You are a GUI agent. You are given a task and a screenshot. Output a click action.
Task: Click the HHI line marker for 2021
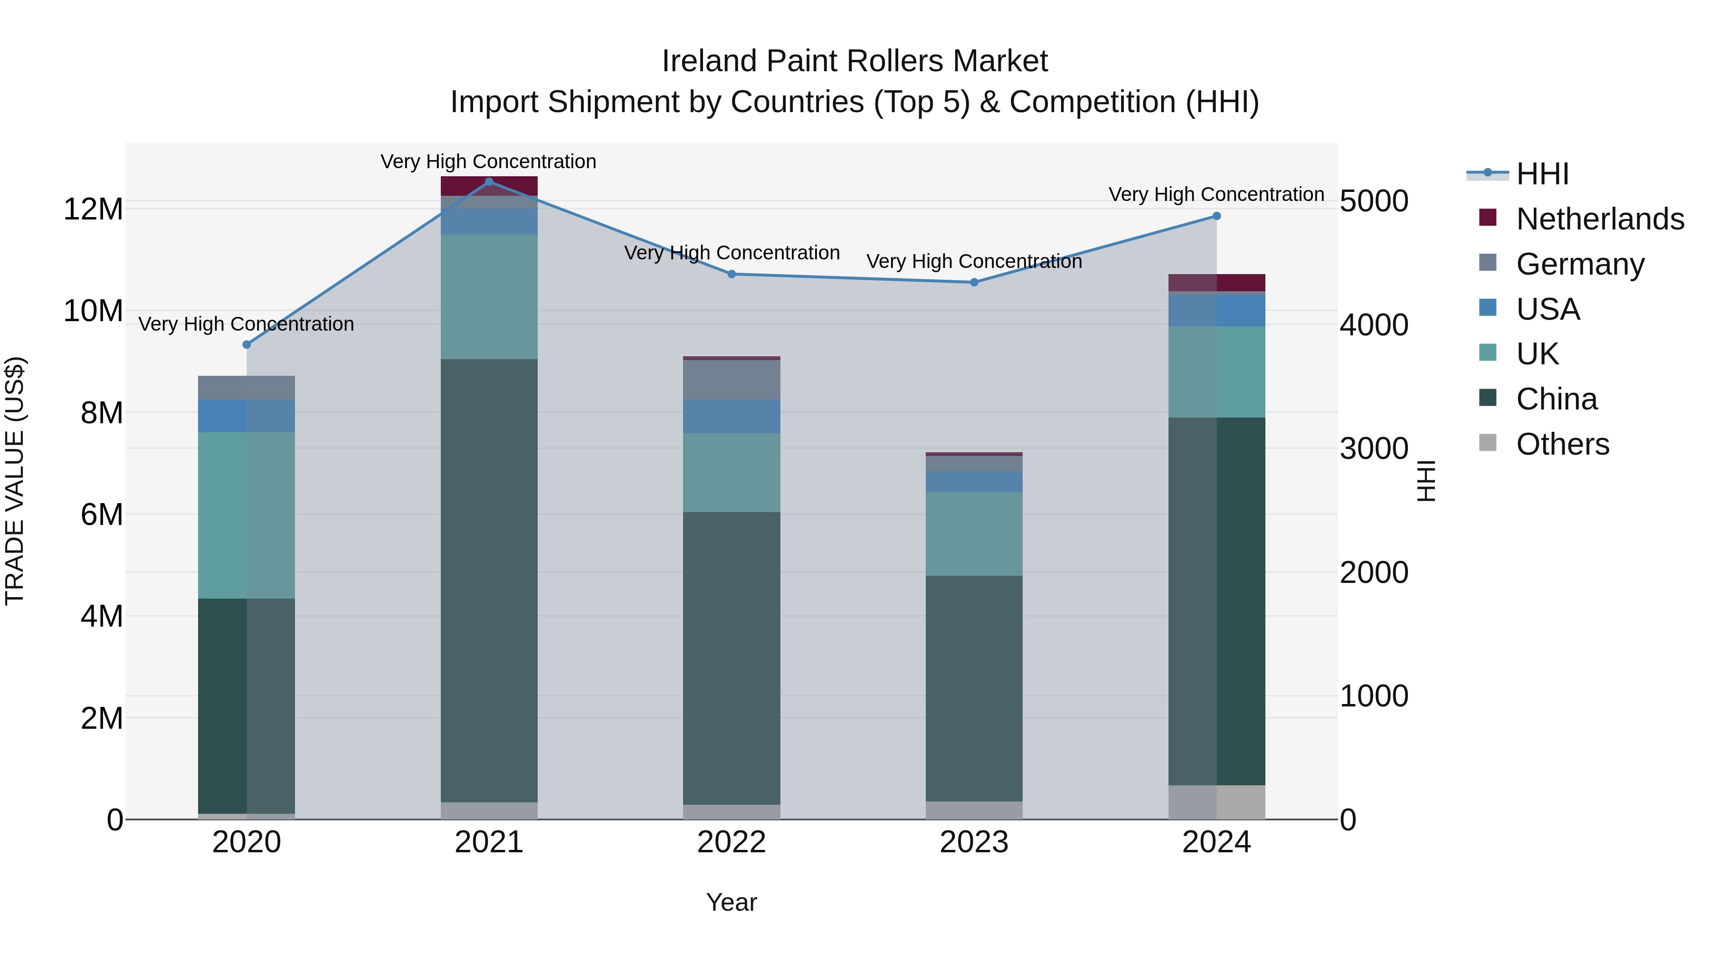coord(489,181)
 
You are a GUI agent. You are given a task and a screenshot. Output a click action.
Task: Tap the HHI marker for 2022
coord(731,274)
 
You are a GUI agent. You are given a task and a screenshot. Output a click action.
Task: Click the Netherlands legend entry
coord(1600,219)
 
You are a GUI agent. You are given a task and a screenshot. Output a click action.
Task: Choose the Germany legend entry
coord(1580,264)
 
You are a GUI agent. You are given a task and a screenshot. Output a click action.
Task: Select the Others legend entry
coord(1563,444)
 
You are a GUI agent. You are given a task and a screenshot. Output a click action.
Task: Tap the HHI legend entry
coord(1542,174)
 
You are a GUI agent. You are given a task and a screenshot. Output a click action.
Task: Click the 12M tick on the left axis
coord(93,209)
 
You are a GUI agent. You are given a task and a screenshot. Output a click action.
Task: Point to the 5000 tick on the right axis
coord(1373,201)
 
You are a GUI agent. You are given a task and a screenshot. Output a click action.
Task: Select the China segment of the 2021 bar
coord(489,581)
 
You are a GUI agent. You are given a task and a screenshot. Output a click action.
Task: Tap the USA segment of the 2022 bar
coord(731,416)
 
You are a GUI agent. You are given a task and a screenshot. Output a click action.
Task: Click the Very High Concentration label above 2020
coord(246,324)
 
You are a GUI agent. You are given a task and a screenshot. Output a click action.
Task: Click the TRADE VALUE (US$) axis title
coord(15,481)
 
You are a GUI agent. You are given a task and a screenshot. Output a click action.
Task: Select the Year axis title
coord(731,902)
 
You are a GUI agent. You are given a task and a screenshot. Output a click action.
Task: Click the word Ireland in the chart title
coord(709,62)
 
